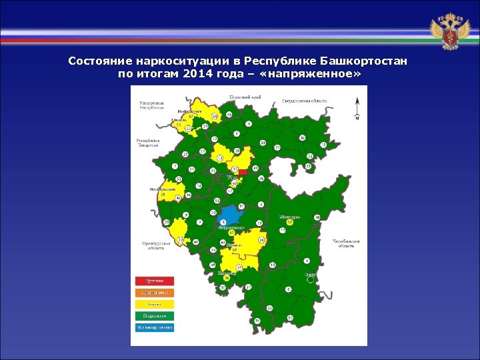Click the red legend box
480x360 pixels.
[155, 281]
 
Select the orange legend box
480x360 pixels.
[155, 292]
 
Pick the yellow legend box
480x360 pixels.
[155, 304]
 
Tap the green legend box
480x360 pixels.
[155, 315]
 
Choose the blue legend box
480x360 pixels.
[155, 327]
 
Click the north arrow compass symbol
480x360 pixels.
[357, 110]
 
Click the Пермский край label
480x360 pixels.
[245, 97]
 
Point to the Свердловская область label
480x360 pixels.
[304, 101]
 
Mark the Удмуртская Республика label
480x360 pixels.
[151, 108]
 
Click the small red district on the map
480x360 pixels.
[243, 171]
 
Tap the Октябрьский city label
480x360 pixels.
[162, 189]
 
